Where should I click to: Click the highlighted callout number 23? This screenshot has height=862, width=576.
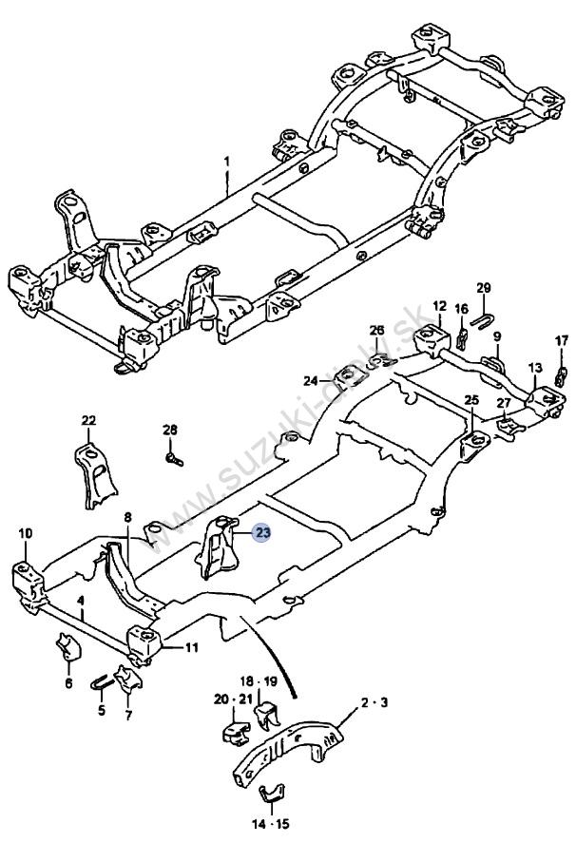click(261, 534)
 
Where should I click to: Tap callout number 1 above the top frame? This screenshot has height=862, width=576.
click(227, 163)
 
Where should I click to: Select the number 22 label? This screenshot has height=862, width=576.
click(88, 420)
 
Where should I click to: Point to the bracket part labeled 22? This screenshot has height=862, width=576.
click(93, 471)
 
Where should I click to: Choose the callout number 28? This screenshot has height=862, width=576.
click(170, 431)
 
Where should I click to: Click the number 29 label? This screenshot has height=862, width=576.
click(483, 288)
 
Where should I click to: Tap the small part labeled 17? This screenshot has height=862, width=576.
click(560, 372)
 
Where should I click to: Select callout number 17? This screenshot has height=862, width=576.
click(561, 340)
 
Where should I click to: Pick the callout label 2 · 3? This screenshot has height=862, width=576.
click(374, 704)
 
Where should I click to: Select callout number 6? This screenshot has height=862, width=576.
click(68, 682)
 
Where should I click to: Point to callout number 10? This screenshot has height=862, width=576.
click(25, 532)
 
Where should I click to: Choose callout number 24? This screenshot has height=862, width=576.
click(310, 381)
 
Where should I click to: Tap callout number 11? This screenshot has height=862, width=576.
click(192, 648)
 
